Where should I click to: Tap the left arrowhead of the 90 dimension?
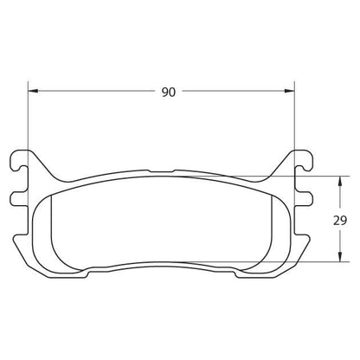click(32, 92)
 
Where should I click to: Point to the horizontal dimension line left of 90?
click(95, 92)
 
